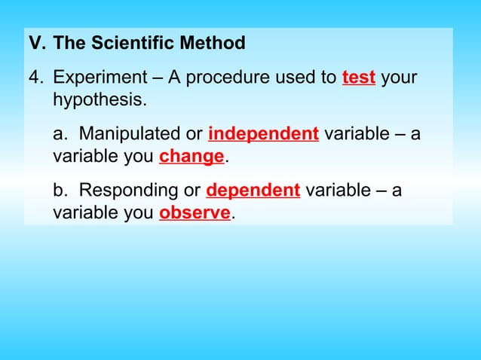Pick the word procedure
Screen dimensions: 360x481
click(219, 78)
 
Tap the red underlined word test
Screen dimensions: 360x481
click(359, 78)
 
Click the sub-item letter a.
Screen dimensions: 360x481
click(60, 134)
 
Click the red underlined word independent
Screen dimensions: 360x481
click(263, 134)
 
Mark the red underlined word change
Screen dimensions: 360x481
click(191, 157)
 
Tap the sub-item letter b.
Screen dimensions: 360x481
click(60, 191)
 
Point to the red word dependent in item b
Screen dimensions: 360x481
click(253, 191)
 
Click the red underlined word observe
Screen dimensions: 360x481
click(195, 213)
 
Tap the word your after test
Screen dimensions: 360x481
click(399, 78)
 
